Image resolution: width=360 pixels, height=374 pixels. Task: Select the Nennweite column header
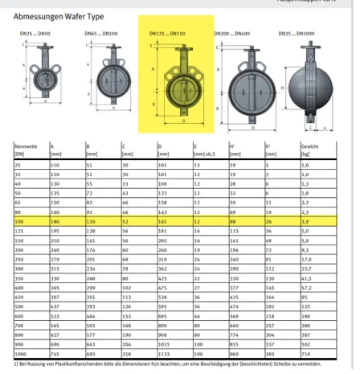[27, 147]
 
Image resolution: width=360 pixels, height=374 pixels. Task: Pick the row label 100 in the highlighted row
[20, 220]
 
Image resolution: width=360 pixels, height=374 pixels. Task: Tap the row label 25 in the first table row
[18, 164]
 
